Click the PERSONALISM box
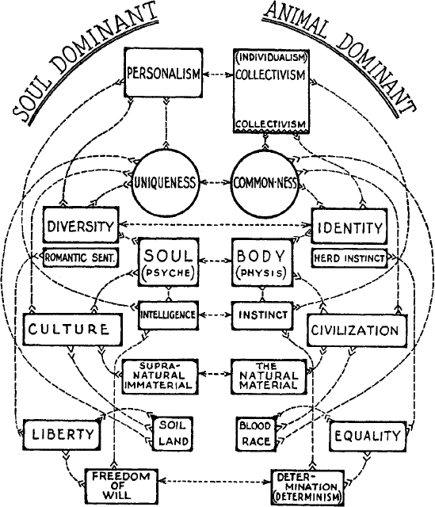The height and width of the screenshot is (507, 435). [x=164, y=73]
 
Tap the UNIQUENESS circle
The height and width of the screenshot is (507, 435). [x=165, y=183]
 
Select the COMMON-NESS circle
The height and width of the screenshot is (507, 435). [x=265, y=183]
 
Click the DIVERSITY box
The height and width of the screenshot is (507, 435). [x=81, y=225]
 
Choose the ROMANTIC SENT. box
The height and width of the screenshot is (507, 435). [x=81, y=257]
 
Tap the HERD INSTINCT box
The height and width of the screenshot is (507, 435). [x=349, y=258]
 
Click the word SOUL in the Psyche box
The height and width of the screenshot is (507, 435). [x=168, y=256]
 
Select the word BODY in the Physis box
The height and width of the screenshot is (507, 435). [x=262, y=256]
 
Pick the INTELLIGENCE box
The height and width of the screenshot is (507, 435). [x=168, y=315]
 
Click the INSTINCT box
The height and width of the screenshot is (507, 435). [x=262, y=315]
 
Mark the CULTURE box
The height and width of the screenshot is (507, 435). [x=73, y=330]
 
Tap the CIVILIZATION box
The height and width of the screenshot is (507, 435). [x=357, y=331]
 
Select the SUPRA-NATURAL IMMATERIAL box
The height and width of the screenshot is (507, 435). [x=160, y=375]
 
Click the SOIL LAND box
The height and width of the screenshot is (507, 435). [x=173, y=433]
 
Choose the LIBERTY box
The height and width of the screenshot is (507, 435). [x=63, y=434]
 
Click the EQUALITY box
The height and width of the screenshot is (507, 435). [x=368, y=436]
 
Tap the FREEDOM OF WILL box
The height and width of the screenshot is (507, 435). [x=121, y=486]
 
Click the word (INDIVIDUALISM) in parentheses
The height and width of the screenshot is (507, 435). [x=271, y=58]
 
